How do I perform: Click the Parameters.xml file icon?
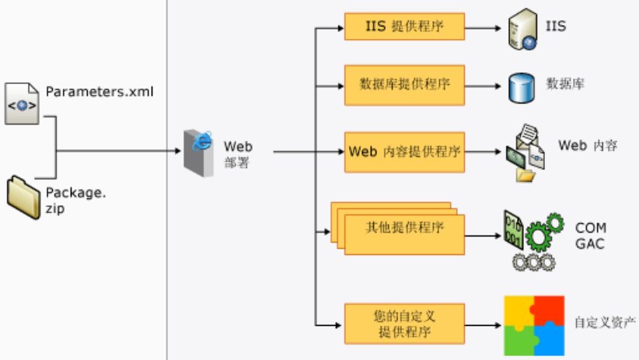coord(23,102)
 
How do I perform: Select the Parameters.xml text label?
coord(100,93)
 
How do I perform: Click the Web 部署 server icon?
coord(198,152)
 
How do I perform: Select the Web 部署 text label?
coord(238,154)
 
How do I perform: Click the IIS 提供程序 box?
coord(404,26)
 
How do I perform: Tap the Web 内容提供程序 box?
coord(404,151)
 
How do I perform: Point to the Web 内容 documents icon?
coord(527,153)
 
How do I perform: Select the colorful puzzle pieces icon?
coord(533,324)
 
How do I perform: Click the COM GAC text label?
coord(591,235)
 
